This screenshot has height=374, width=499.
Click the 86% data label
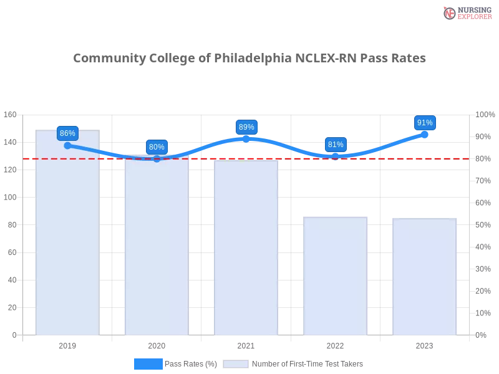67,133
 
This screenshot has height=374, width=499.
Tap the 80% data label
157,147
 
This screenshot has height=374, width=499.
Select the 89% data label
246,127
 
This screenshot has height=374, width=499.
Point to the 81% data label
336,145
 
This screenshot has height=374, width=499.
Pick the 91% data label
425,123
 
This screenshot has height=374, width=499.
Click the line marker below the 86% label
67,145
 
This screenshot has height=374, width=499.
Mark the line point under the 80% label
157,158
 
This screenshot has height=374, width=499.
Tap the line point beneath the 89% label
246,138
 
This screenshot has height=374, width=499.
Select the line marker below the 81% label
336,156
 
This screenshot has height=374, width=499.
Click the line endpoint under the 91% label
425,133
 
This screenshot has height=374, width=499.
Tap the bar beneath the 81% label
336,277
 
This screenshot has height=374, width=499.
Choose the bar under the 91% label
425,277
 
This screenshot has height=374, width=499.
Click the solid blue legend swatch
148,364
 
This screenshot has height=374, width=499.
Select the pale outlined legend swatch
236,364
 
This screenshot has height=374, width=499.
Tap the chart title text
249,59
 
